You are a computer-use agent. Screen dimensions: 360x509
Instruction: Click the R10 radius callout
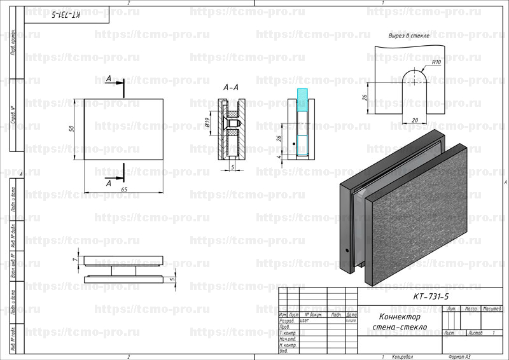tap(436, 62)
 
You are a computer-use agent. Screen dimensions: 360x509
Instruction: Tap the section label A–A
tap(231, 87)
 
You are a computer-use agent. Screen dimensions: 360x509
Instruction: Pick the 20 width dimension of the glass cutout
tap(415, 120)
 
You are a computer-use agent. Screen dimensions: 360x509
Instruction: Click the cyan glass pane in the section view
tap(302, 99)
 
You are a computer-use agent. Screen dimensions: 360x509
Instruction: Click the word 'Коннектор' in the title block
tap(401, 317)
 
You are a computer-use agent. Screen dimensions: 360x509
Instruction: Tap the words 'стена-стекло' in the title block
tap(401, 327)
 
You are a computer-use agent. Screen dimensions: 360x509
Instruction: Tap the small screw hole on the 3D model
tap(347, 250)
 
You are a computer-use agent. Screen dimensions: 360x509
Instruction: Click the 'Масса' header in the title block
tap(471, 308)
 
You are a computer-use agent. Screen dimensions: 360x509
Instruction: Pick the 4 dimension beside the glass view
tap(278, 155)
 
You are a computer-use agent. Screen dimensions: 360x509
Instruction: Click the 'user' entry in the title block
tap(303, 321)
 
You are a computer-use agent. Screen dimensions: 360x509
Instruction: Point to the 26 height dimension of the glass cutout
tap(364, 99)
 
